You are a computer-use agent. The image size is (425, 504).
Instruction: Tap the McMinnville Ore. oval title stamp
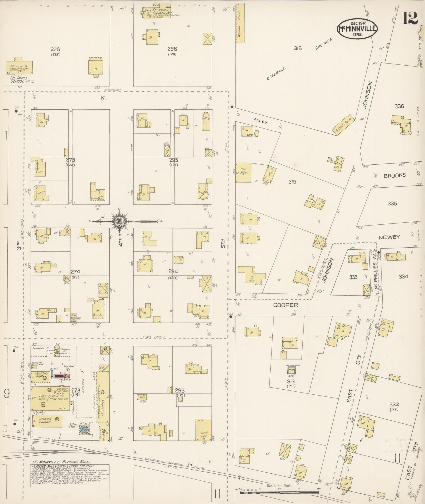point(357,29)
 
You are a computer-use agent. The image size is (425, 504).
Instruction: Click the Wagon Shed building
point(240,23)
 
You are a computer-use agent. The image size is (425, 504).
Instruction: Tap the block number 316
point(298,48)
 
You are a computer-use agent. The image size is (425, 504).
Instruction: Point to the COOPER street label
point(286,305)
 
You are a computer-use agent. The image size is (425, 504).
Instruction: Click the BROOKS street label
point(395,175)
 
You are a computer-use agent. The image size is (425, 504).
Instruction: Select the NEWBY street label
point(389,237)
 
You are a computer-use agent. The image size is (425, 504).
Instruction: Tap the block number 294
point(173,271)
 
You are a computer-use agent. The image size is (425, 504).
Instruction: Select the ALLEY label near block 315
point(261,121)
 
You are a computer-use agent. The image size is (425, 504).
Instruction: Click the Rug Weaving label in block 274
point(76,316)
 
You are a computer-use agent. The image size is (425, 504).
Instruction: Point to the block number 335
point(392,203)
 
